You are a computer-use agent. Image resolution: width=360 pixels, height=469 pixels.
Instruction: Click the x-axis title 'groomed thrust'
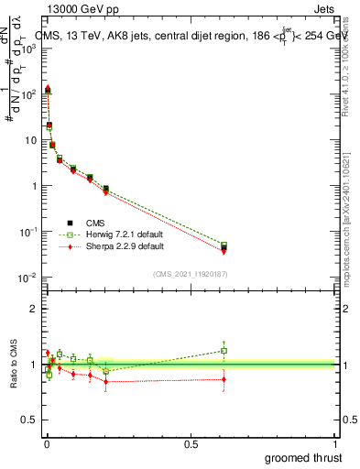[x=303, y=456]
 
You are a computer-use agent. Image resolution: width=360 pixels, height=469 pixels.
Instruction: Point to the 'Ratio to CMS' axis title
[x=12, y=363]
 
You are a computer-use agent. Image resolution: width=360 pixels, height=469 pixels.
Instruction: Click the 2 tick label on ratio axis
[x=33, y=309]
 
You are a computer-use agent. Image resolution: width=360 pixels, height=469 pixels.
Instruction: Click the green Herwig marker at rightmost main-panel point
[x=224, y=245]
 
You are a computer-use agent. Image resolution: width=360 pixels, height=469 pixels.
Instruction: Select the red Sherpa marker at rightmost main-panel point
[x=224, y=251]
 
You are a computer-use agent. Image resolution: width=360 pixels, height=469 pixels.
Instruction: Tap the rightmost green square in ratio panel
[x=224, y=350]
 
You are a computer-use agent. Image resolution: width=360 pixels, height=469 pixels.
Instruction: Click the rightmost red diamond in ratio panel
[x=224, y=379]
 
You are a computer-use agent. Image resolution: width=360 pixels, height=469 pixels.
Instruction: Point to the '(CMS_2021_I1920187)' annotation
[x=190, y=273]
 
